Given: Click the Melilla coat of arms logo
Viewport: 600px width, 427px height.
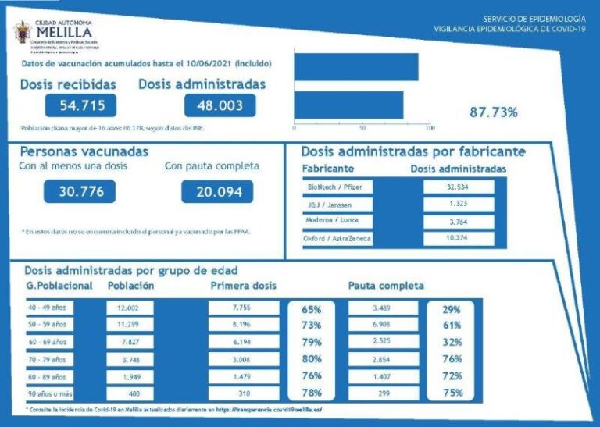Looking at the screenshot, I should coord(22,33).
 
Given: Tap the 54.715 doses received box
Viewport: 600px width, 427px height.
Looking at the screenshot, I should coord(80,105).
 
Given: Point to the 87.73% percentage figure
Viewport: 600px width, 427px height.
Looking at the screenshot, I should coord(493,112).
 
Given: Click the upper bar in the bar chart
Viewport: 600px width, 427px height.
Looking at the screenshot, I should coord(356,66).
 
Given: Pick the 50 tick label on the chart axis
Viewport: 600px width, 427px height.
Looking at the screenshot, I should coord(362,126).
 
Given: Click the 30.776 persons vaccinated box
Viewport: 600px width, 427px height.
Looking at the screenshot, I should coord(80,190).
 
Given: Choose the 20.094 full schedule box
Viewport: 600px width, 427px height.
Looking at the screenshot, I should coord(217,191).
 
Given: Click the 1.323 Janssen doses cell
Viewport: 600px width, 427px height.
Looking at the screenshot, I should coord(459,205).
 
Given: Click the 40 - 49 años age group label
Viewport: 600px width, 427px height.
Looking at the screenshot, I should coord(48,308).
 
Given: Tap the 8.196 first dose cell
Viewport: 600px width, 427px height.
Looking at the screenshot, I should coord(244,325).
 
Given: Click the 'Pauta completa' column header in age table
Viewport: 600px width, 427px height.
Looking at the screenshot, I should coord(386,286).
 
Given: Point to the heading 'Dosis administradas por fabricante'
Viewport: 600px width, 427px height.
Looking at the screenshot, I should coord(413,151).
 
